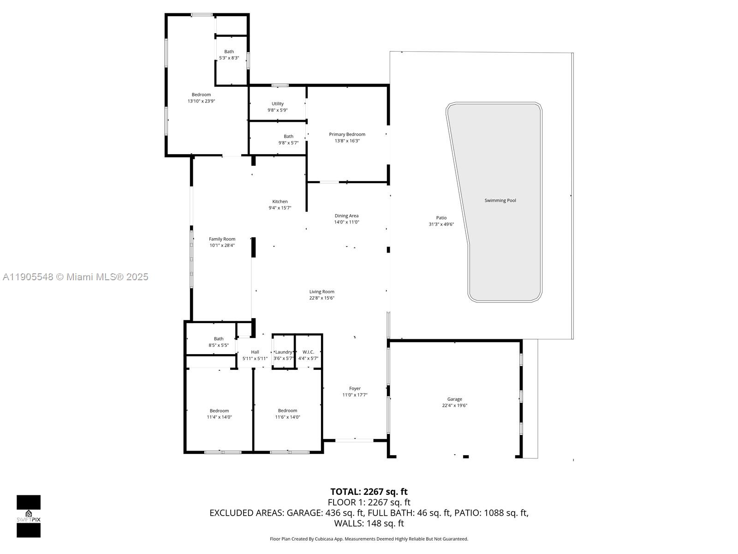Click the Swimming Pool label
(500, 200)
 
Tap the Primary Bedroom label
(347, 134)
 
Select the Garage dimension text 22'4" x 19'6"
(454, 405)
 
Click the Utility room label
(278, 104)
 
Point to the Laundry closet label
(283, 352)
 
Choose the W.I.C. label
(308, 352)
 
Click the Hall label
(255, 352)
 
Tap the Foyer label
(355, 388)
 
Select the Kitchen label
(280, 201)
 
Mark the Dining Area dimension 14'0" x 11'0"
(346, 222)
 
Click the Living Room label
(321, 291)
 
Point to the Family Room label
(222, 239)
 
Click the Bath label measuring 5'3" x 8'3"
(229, 52)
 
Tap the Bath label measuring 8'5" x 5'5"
(219, 339)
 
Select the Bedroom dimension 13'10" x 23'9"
(201, 101)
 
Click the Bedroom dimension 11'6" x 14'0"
(287, 417)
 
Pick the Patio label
(441, 218)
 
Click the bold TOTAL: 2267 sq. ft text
(369, 492)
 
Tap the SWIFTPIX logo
(29, 516)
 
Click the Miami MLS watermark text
(76, 277)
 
